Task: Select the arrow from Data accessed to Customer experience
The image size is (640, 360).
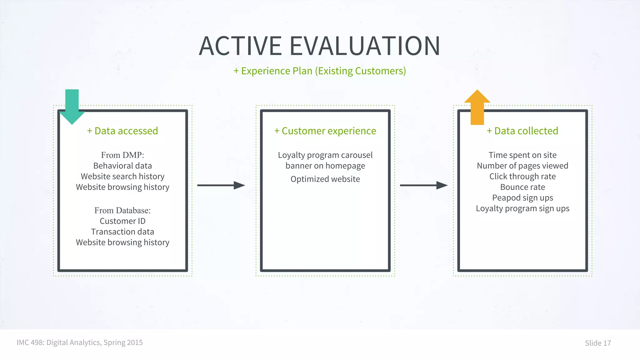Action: pyautogui.click(x=221, y=185)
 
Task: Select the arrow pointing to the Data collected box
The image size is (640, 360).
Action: pyautogui.click(x=423, y=185)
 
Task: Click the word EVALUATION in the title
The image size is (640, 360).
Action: pyautogui.click(x=365, y=46)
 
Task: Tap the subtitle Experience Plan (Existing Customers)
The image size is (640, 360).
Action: pyautogui.click(x=320, y=71)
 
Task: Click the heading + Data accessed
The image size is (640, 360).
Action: pyautogui.click(x=122, y=131)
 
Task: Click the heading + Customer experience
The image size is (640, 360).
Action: pyautogui.click(x=325, y=131)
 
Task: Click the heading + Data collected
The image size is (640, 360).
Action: pyautogui.click(x=522, y=131)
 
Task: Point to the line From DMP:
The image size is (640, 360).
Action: pyautogui.click(x=122, y=155)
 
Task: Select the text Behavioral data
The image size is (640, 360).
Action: pyautogui.click(x=122, y=166)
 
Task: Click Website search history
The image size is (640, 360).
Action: pyautogui.click(x=122, y=176)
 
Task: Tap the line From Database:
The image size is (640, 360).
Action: pyautogui.click(x=122, y=210)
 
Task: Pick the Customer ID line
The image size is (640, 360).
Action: pyautogui.click(x=122, y=221)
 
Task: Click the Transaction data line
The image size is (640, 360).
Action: pyautogui.click(x=122, y=232)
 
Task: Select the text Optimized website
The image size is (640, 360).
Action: pyautogui.click(x=325, y=179)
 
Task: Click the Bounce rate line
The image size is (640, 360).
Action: pyautogui.click(x=522, y=187)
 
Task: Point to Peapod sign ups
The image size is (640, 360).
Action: pyautogui.click(x=522, y=197)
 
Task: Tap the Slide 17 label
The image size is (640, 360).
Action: pyautogui.click(x=597, y=343)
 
